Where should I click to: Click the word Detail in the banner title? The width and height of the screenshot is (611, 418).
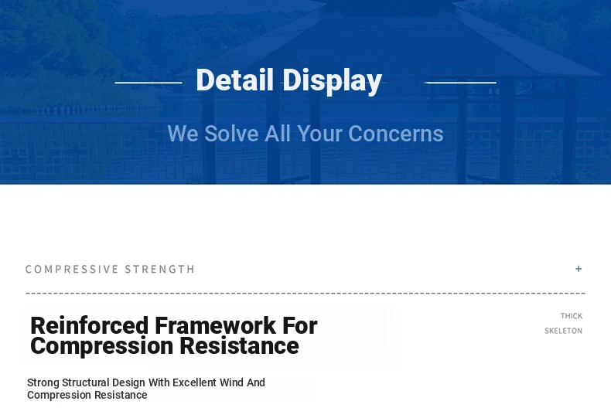coord(234,80)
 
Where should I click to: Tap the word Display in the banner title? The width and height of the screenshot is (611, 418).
coord(332,81)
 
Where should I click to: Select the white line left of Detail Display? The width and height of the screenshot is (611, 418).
coord(148,83)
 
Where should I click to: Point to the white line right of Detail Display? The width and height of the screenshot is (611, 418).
coord(460,83)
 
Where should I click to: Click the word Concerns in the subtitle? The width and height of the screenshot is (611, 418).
coord(395,134)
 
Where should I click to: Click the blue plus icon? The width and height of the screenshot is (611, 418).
coord(579,269)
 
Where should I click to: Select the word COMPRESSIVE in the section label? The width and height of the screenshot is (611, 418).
coord(72,270)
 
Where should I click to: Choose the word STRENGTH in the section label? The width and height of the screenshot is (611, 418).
coord(160,270)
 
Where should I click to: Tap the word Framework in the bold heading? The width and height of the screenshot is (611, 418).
coord(216,325)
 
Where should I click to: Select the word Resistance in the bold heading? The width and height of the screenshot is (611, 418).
coord(239,345)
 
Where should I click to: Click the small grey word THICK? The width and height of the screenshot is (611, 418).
coord(572,316)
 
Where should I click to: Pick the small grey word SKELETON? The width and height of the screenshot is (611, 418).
coord(564,331)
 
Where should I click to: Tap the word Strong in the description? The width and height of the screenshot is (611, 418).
coord(43,383)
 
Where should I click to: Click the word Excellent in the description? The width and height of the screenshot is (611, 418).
coord(194,382)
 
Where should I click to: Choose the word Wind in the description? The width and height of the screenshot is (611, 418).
coord(231,382)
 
